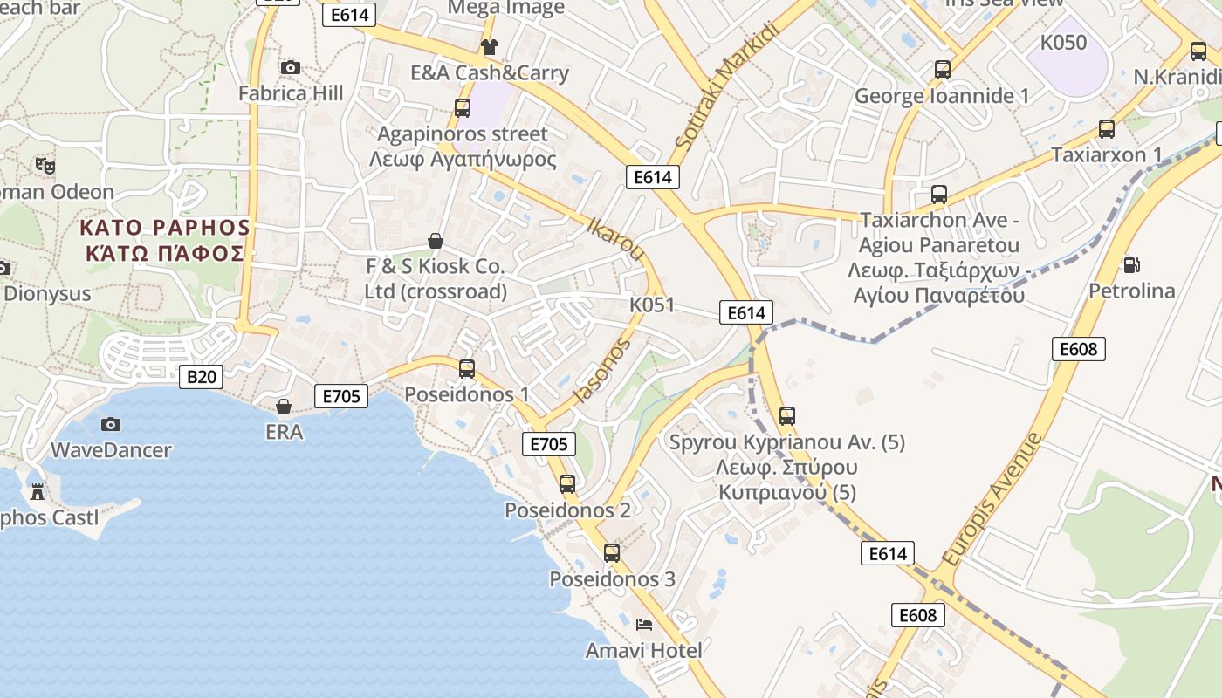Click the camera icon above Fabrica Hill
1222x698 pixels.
291,67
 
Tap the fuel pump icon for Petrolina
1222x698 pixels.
1132,263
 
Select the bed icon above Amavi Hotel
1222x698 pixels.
644,624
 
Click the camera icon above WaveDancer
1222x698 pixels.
111,424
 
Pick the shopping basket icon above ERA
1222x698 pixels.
284,406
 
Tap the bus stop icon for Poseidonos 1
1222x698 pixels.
467,368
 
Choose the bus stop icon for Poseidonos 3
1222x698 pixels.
612,552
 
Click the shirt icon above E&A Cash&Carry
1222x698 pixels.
489,46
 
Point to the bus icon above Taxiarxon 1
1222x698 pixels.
1107,129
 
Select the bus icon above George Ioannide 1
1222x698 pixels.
942,69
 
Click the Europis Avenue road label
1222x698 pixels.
993,499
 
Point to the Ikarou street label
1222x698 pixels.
616,238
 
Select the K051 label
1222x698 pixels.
652,305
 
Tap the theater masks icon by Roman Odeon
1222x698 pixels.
45,164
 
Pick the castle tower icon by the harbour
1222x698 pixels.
38,492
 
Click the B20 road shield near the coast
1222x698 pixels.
201,377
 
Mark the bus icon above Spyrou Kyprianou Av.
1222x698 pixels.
787,415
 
